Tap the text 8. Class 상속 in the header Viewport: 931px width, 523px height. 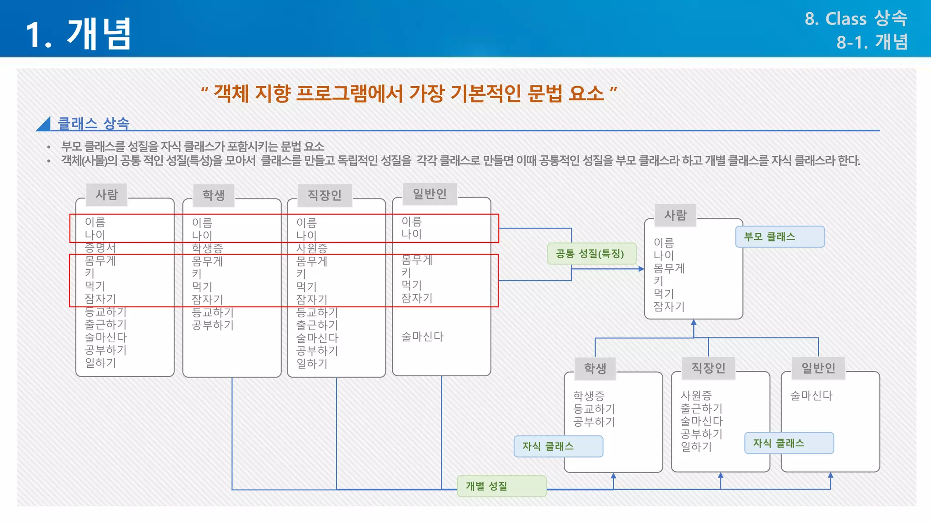(856, 19)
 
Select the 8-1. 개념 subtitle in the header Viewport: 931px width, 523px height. (871, 42)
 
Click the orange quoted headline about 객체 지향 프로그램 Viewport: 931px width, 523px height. (409, 94)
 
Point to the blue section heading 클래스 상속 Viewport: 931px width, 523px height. (93, 123)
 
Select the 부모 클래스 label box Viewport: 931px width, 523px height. (780, 237)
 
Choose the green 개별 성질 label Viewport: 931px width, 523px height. (501, 486)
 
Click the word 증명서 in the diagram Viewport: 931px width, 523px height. (100, 247)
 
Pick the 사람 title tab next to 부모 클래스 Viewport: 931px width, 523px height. (676, 215)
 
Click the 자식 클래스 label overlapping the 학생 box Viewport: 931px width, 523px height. (558, 446)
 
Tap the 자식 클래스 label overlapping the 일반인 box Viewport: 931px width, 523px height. (789, 443)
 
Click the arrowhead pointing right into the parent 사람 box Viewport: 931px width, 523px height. (641, 269)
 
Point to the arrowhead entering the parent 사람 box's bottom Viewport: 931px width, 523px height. (694, 323)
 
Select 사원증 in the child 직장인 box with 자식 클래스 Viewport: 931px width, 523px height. (696, 395)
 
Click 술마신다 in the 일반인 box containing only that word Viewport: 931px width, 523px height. (811, 395)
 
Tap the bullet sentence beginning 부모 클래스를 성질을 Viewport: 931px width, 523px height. (193, 147)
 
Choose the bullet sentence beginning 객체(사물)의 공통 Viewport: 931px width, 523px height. (460, 161)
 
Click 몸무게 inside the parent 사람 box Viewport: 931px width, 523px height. (669, 268)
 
